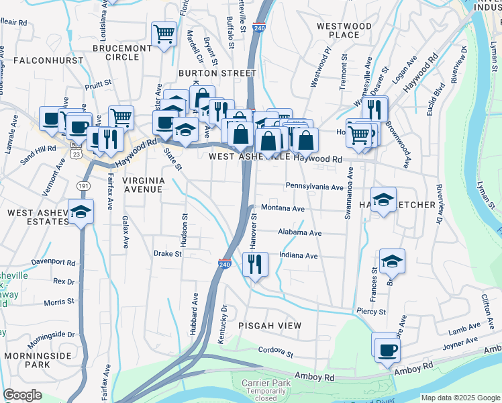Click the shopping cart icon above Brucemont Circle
[164, 33]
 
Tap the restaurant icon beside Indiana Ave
[254, 264]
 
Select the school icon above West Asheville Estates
[81, 212]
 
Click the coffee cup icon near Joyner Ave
[387, 350]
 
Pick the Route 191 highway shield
[83, 185]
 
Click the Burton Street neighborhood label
[217, 73]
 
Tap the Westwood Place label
[344, 30]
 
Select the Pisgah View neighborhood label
[270, 325]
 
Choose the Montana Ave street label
[283, 208]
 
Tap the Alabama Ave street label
[300, 233]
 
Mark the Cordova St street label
[277, 351]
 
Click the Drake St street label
[168, 254]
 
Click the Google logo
[23, 395]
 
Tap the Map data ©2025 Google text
[460, 397]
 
